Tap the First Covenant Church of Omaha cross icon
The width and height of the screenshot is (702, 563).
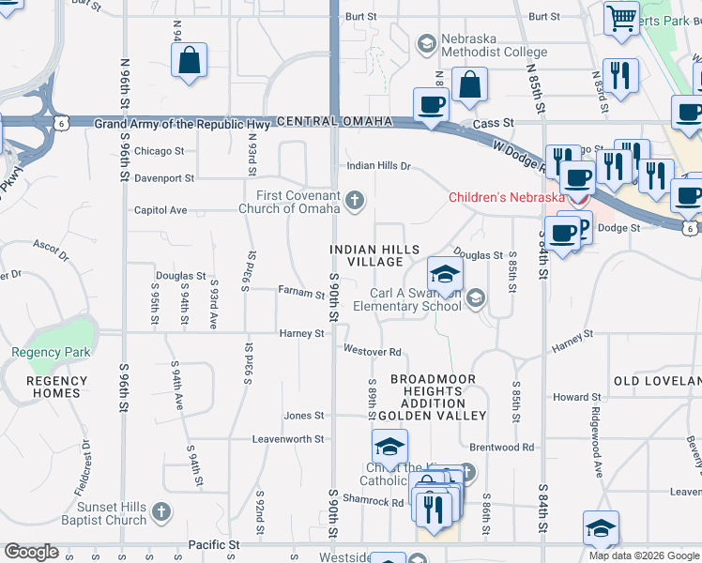[x=355, y=200]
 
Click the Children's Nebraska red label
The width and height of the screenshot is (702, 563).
[x=506, y=197]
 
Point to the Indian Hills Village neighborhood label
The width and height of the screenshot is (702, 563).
[x=368, y=255]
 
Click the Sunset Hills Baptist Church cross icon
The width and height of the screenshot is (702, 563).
[x=161, y=512]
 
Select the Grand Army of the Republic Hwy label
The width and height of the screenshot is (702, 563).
[x=182, y=124]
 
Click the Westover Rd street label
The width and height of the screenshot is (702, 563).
[x=372, y=352]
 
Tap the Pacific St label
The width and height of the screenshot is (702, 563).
[x=214, y=543]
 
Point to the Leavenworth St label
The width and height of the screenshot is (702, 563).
[x=288, y=438]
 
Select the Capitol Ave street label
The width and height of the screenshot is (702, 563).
[x=160, y=210]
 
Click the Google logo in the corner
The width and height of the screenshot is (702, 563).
[x=31, y=552]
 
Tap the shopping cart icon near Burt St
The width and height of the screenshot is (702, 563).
[x=621, y=18]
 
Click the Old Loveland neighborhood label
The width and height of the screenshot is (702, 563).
[x=657, y=380]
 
